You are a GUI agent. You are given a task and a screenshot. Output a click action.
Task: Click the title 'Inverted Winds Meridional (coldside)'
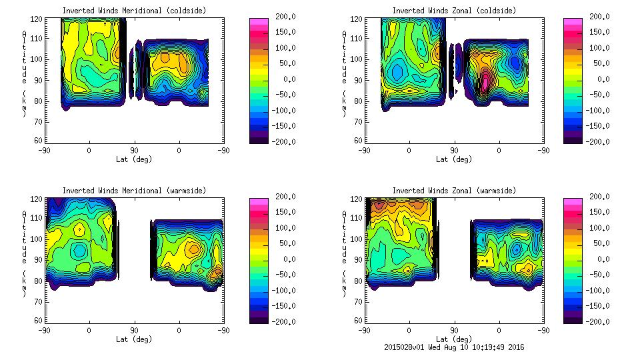pos(134,11)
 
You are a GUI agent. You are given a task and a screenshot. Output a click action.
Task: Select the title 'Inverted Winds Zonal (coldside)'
pos(454,11)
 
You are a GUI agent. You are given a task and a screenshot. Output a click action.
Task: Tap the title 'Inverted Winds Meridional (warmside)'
pos(134,191)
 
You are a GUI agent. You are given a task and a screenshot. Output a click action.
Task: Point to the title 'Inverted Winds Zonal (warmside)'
pos(454,191)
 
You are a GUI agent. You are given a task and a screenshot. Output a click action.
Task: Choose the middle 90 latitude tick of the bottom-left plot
pos(134,330)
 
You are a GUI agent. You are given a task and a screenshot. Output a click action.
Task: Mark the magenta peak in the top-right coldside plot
pos(485,81)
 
